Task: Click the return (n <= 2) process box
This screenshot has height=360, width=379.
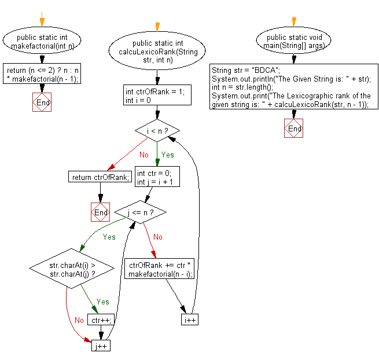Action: pyautogui.click(x=42, y=72)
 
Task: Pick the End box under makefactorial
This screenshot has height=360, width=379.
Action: pyautogui.click(x=42, y=102)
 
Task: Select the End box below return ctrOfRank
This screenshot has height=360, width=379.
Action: pyautogui.click(x=101, y=212)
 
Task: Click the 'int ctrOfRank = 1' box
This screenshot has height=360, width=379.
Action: pyautogui.click(x=157, y=95)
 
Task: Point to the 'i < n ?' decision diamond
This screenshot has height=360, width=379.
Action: pyautogui.click(x=157, y=131)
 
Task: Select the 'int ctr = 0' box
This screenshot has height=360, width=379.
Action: pyautogui.click(x=157, y=177)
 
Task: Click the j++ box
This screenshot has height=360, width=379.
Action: pyautogui.click(x=101, y=346)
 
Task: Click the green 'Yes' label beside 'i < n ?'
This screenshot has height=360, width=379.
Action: pyautogui.click(x=167, y=156)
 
